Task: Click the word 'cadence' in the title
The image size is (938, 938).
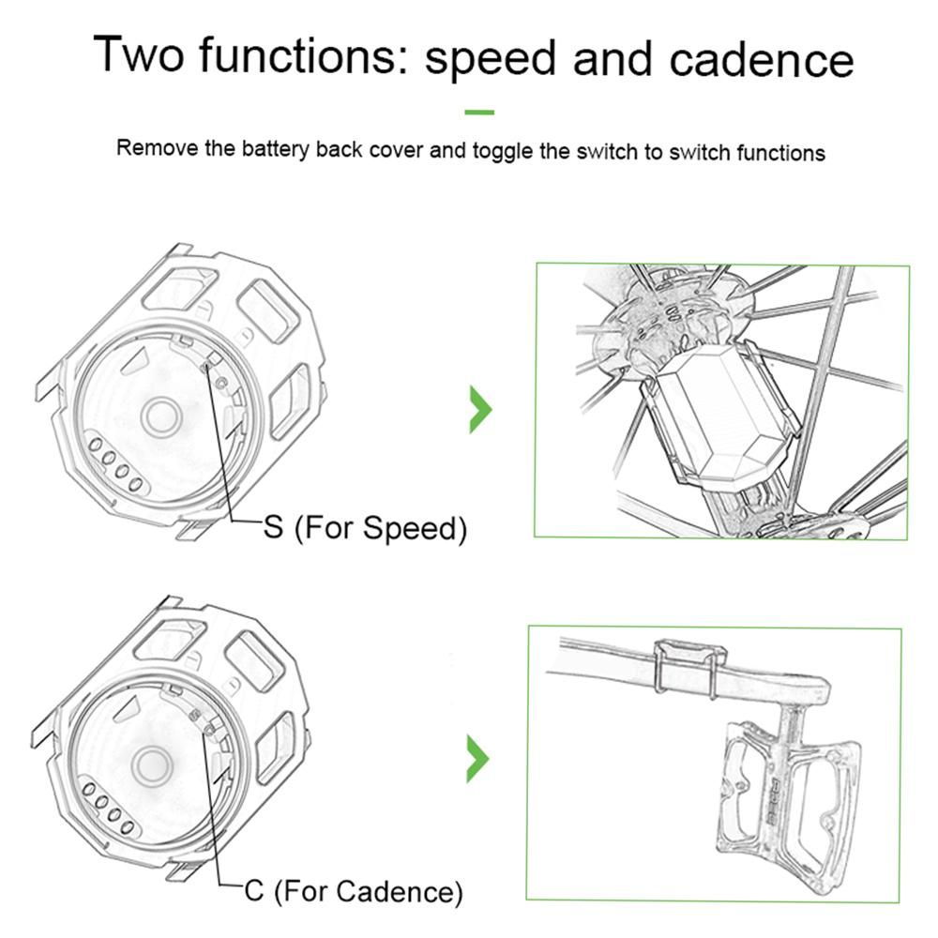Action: coord(762,60)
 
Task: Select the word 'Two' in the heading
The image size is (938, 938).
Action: coord(139,54)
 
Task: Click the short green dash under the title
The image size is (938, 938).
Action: coord(479,112)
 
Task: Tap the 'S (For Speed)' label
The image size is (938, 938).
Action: coord(365,527)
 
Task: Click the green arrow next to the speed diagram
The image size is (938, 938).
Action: coord(480,409)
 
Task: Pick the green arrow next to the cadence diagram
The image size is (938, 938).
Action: coord(477,759)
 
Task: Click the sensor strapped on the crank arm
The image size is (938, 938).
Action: coord(689,669)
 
